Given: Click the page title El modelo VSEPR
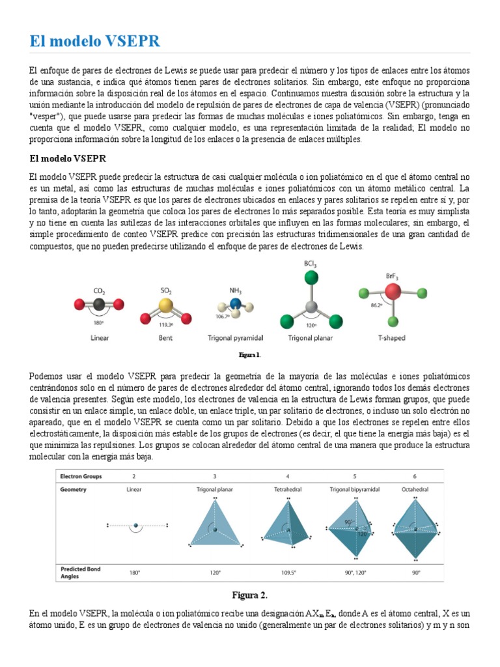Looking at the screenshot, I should tap(94, 42).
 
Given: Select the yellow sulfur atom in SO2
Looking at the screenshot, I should tap(165, 305).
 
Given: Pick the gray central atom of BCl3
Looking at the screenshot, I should tap(311, 307).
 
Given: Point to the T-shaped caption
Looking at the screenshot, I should tap(392, 338).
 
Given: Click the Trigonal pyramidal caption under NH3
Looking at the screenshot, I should tap(235, 338).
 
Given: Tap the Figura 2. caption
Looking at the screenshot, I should tap(250, 595).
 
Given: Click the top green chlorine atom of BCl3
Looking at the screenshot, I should tap(311, 277).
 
